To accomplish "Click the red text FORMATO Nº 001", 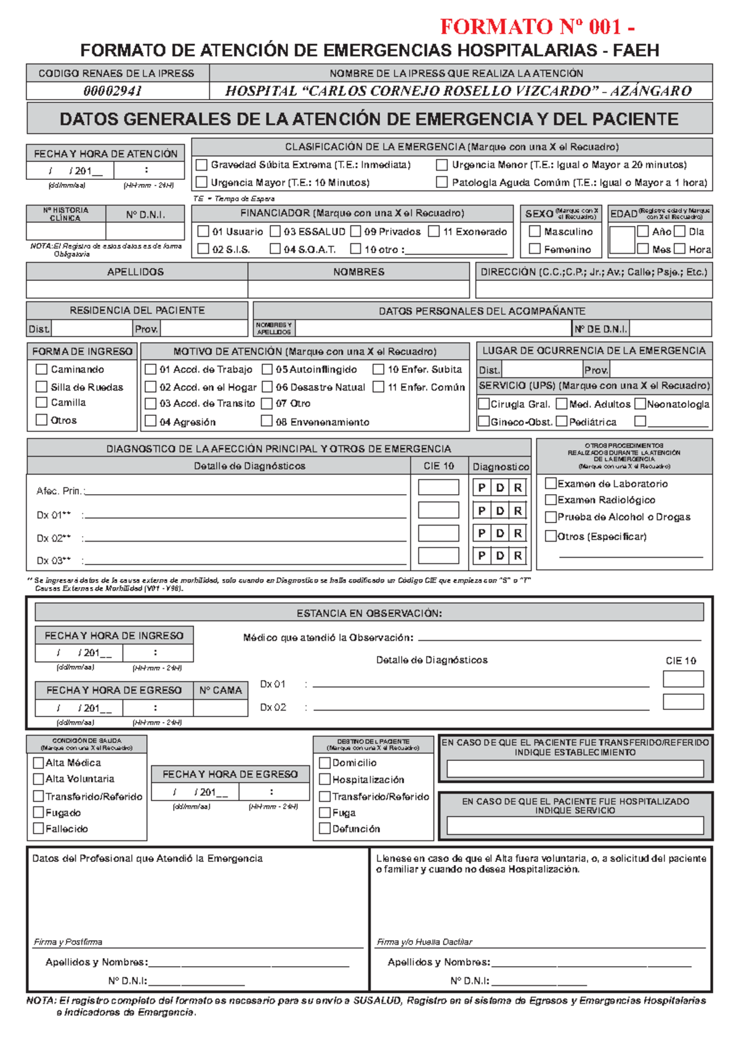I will coord(537,26).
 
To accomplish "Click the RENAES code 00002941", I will coord(113,91).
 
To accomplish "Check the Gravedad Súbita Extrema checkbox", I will coord(201,165).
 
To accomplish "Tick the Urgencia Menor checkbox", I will coord(442,165).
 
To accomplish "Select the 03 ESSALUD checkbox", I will coord(275,232).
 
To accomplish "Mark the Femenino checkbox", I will coord(535,249).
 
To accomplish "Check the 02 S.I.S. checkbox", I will coord(203,249).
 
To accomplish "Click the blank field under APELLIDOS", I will coord(137,289).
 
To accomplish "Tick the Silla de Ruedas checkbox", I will coord(42,387).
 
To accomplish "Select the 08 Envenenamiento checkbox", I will coord(267,421).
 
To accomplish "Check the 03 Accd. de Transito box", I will coord(150,404).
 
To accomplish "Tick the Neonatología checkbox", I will coord(640,404).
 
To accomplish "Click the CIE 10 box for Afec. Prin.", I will coord(438,487).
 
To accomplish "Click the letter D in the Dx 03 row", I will coord(500,556).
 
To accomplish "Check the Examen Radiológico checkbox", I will coord(551,500).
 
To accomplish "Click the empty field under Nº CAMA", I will coord(220,708).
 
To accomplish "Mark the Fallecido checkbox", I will coord(38,829).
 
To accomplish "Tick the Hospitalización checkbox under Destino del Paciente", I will coord(325,779).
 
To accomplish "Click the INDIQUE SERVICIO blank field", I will coord(575,826).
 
